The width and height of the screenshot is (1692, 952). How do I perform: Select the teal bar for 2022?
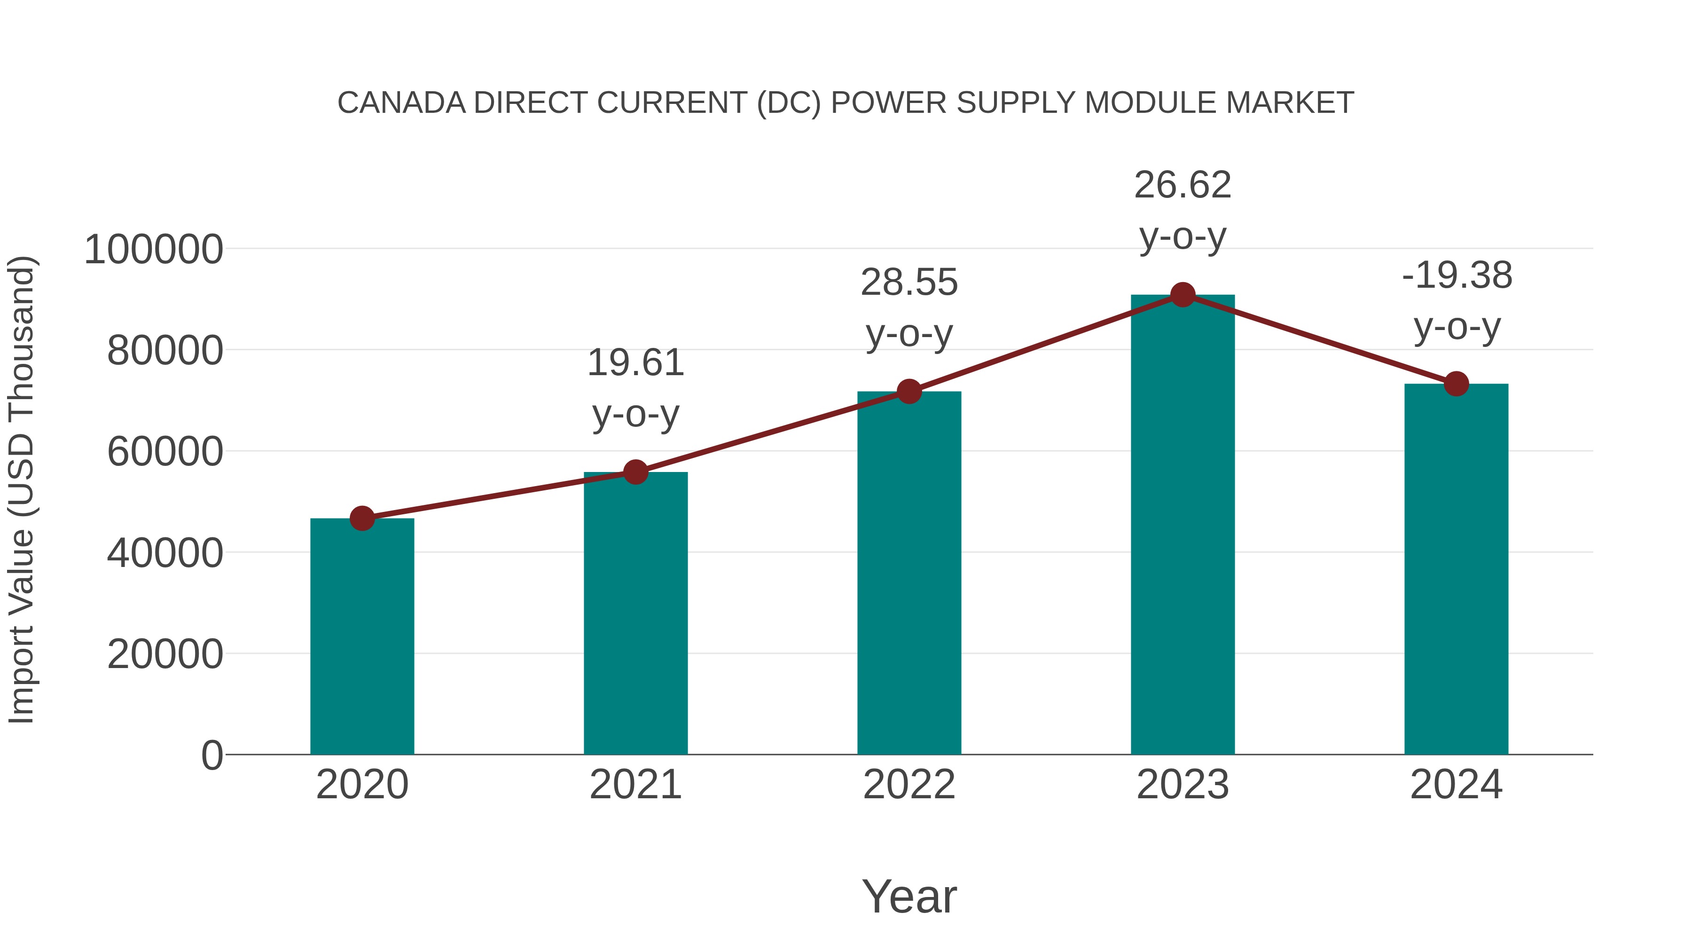(909, 573)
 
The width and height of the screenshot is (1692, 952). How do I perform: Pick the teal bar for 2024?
(1456, 569)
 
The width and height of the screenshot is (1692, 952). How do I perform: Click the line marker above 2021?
(635, 472)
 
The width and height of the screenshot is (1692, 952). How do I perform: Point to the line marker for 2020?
(362, 519)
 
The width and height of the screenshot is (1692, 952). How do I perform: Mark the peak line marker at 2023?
(1183, 295)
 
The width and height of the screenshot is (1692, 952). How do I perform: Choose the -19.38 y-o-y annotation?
(1456, 300)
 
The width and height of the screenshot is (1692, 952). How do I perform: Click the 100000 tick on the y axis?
(154, 250)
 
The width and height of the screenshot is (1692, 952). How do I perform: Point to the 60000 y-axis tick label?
(165, 452)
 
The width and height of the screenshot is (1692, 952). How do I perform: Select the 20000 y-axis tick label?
(165, 654)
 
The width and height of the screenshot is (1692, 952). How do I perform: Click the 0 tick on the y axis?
(212, 755)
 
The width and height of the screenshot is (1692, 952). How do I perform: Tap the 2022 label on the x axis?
(909, 785)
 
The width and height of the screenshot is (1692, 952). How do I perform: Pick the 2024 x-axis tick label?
(1456, 785)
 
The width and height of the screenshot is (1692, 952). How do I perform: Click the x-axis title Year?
(909, 896)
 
